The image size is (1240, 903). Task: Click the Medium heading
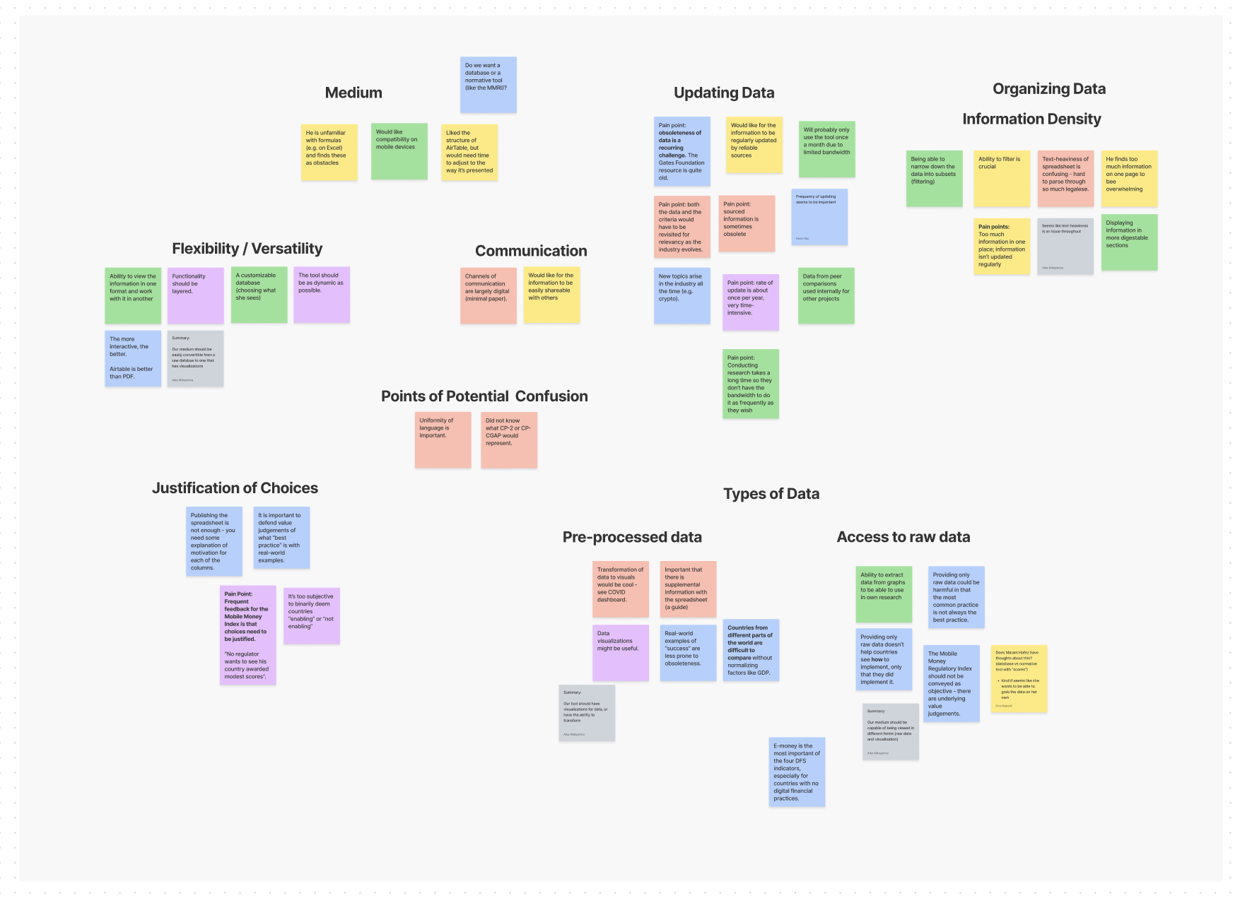click(353, 93)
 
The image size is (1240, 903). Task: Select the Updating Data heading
click(724, 93)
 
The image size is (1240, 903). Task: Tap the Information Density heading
click(1031, 119)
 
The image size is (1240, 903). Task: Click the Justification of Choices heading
click(235, 488)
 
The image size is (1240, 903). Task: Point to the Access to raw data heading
click(903, 537)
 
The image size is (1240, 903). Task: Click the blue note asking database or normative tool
click(488, 85)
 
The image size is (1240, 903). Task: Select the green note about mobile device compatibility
click(399, 151)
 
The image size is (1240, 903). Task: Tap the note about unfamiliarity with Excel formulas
click(329, 152)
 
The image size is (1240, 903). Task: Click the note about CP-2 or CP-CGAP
click(508, 439)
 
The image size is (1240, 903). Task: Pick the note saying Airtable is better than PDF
click(133, 358)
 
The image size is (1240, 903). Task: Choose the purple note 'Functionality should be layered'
click(195, 295)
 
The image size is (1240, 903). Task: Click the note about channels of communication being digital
click(488, 295)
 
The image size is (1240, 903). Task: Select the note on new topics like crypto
click(682, 295)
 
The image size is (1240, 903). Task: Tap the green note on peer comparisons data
click(826, 295)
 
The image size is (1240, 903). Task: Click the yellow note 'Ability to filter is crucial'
click(1001, 178)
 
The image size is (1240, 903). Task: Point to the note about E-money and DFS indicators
click(797, 772)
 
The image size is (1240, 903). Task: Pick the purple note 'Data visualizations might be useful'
click(620, 652)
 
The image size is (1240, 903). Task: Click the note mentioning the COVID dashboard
click(620, 589)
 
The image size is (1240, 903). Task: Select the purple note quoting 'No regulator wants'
click(247, 635)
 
